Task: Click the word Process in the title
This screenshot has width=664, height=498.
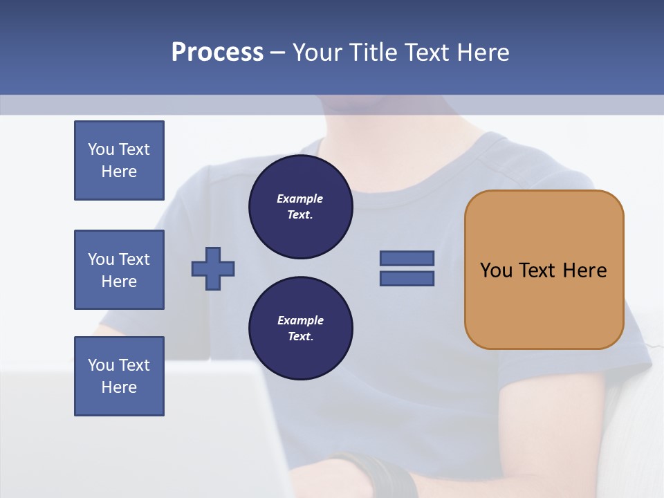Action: tap(217, 53)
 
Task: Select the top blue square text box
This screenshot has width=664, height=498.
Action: tap(119, 160)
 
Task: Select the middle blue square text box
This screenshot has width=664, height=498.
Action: tap(119, 270)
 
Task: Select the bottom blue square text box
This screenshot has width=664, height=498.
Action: tap(119, 376)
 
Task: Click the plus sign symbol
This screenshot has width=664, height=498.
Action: tap(213, 268)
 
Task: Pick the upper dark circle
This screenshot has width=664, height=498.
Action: tap(301, 207)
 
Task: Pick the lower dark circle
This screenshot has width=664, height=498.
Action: tap(301, 329)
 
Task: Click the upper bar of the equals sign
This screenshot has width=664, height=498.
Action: tap(407, 258)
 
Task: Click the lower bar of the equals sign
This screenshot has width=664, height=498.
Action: tap(407, 279)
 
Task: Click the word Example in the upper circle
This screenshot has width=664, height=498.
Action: tap(300, 199)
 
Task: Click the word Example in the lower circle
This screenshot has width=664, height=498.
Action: tap(300, 320)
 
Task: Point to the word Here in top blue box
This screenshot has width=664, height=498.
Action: tap(119, 172)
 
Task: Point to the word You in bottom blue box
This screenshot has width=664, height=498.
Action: tap(100, 365)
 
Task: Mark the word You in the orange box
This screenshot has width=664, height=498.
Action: tap(496, 270)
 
